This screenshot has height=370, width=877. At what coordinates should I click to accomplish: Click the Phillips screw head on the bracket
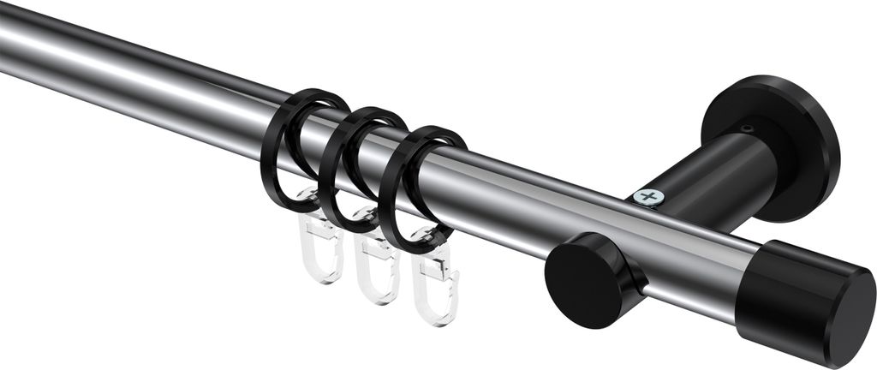649,198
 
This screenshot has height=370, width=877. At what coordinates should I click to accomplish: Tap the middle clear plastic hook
377,270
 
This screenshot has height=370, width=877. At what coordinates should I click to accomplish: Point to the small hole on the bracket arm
748,129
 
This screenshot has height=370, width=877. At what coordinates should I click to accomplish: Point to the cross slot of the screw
649,198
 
